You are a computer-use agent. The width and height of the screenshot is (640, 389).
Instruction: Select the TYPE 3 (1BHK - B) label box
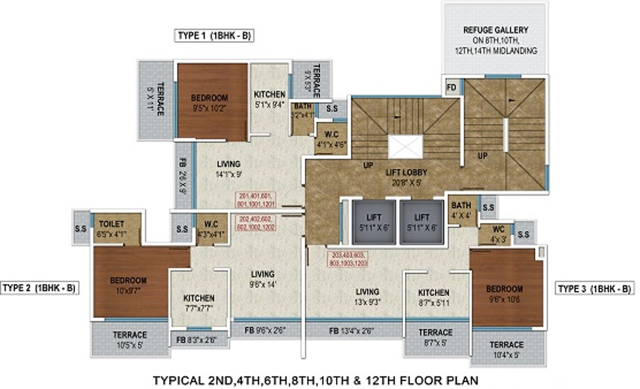(x=594, y=288)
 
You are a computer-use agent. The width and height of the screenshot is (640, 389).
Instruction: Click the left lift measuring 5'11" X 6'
(x=374, y=222)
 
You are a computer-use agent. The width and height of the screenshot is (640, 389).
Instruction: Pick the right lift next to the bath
(x=421, y=222)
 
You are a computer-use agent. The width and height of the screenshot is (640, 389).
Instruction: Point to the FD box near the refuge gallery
(x=452, y=87)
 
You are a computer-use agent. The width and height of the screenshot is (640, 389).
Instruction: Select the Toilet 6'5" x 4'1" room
(x=116, y=228)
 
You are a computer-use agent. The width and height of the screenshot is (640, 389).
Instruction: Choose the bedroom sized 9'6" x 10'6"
(x=505, y=293)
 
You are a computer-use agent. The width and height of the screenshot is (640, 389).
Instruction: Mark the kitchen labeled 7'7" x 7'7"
(x=199, y=302)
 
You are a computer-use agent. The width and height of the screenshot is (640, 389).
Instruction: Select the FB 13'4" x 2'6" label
(x=351, y=330)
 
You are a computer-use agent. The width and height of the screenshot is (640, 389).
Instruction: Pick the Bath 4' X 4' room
(x=462, y=209)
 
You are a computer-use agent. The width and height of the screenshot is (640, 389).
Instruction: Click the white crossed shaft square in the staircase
(x=405, y=147)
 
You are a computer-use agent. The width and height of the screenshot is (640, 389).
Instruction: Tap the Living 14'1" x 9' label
(x=228, y=168)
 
